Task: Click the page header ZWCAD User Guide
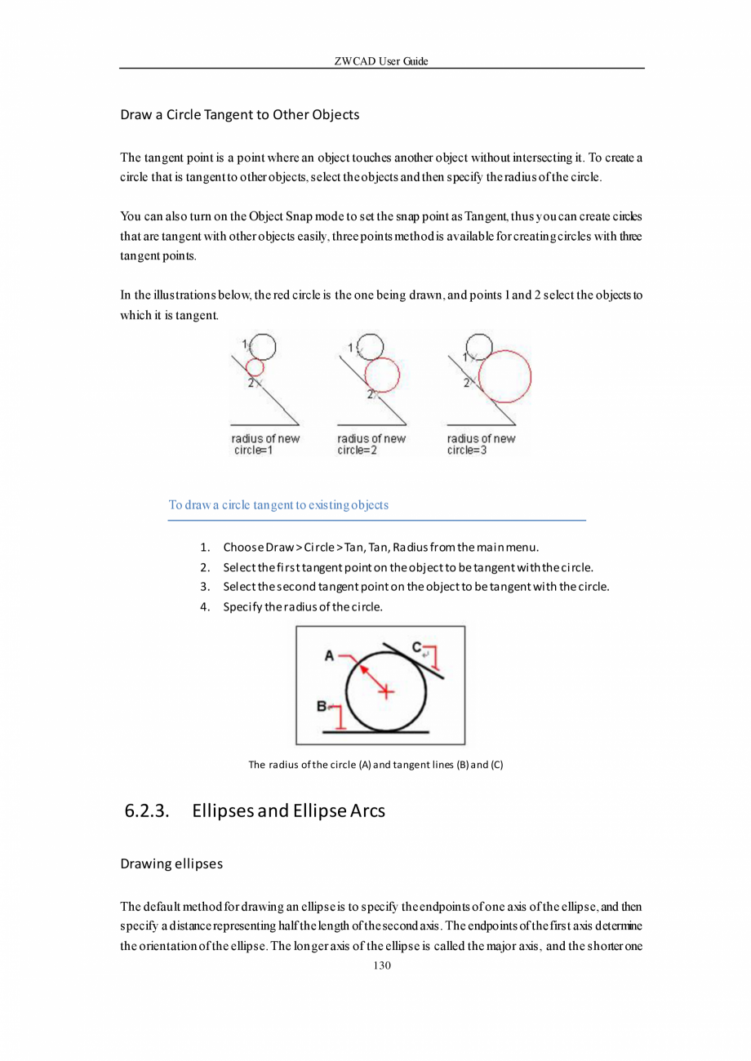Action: pyautogui.click(x=381, y=61)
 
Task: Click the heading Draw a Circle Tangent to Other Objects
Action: pyautogui.click(x=239, y=114)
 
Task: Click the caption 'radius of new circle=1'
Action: pyautogui.click(x=265, y=444)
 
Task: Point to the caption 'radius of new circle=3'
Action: pyautogui.click(x=481, y=444)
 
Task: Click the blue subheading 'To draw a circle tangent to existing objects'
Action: pyautogui.click(x=278, y=504)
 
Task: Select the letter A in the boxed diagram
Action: pyautogui.click(x=330, y=655)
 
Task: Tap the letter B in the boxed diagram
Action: pyautogui.click(x=322, y=705)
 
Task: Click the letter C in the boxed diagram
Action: pyautogui.click(x=416, y=647)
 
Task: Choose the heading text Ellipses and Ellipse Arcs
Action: pyautogui.click(x=288, y=811)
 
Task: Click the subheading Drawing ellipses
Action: pyautogui.click(x=171, y=863)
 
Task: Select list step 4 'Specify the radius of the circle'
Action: pyautogui.click(x=301, y=607)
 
